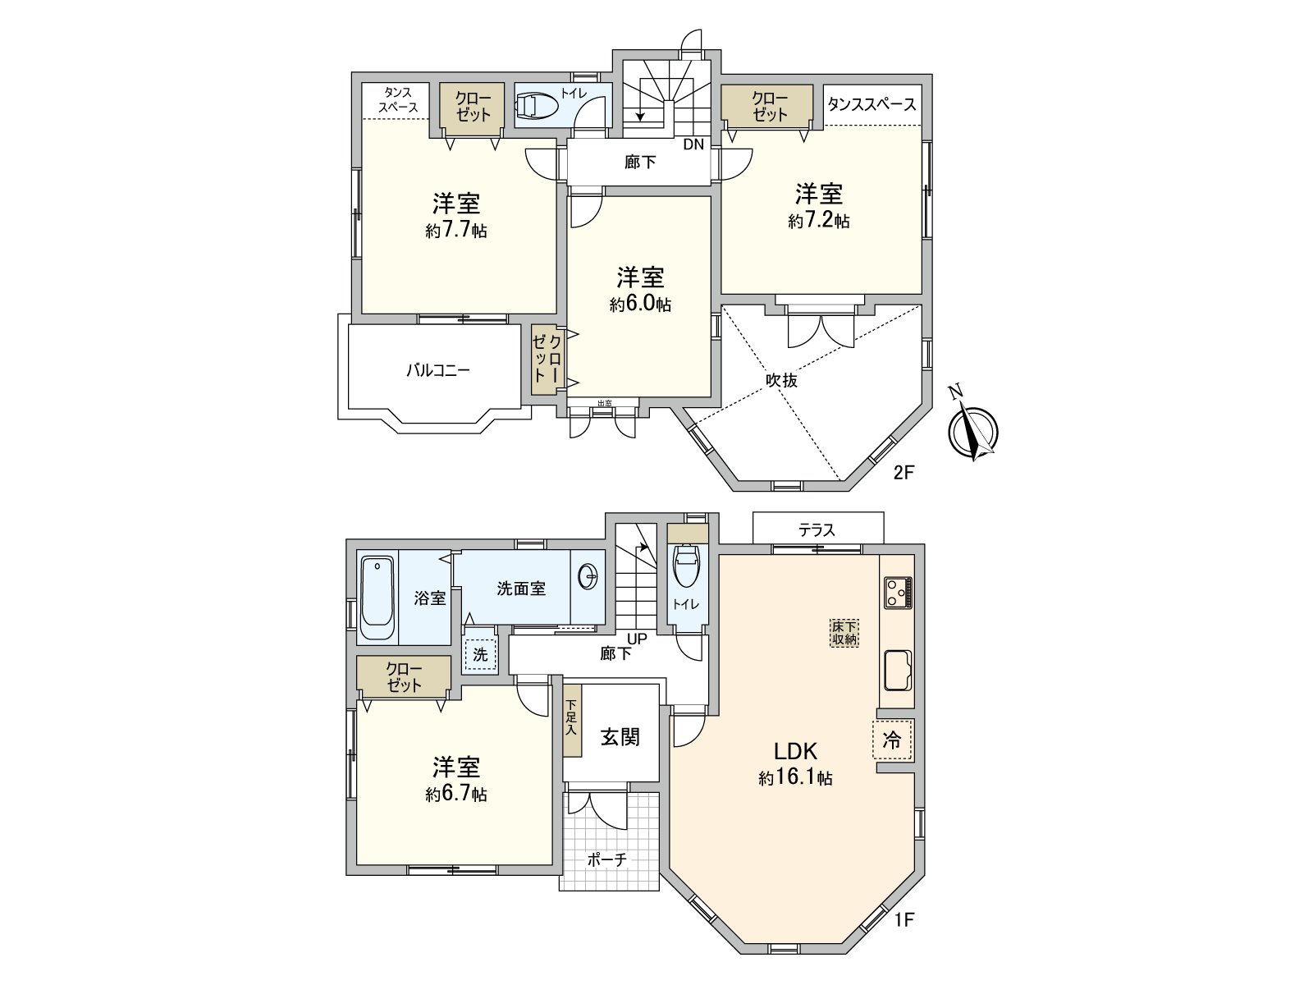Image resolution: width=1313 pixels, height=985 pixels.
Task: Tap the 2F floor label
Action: (x=904, y=473)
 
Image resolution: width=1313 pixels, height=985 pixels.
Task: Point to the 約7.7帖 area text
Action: (x=456, y=231)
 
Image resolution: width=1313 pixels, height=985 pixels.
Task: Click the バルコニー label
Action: (x=438, y=370)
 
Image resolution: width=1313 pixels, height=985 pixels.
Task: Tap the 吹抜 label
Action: (x=781, y=381)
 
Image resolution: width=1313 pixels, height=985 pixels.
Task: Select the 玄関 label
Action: (x=620, y=737)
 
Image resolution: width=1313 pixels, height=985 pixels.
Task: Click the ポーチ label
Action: (x=607, y=859)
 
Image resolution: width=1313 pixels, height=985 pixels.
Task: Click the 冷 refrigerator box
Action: (x=892, y=740)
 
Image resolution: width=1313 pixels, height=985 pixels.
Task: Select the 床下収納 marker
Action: (x=844, y=633)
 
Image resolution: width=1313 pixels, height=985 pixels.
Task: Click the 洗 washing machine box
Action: (x=480, y=654)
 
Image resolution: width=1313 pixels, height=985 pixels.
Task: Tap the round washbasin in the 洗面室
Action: (x=588, y=578)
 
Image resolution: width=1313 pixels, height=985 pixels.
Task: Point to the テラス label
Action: (x=817, y=530)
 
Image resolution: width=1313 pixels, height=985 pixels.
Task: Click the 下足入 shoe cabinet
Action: (x=572, y=726)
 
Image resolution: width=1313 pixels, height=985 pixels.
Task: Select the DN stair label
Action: (x=693, y=144)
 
